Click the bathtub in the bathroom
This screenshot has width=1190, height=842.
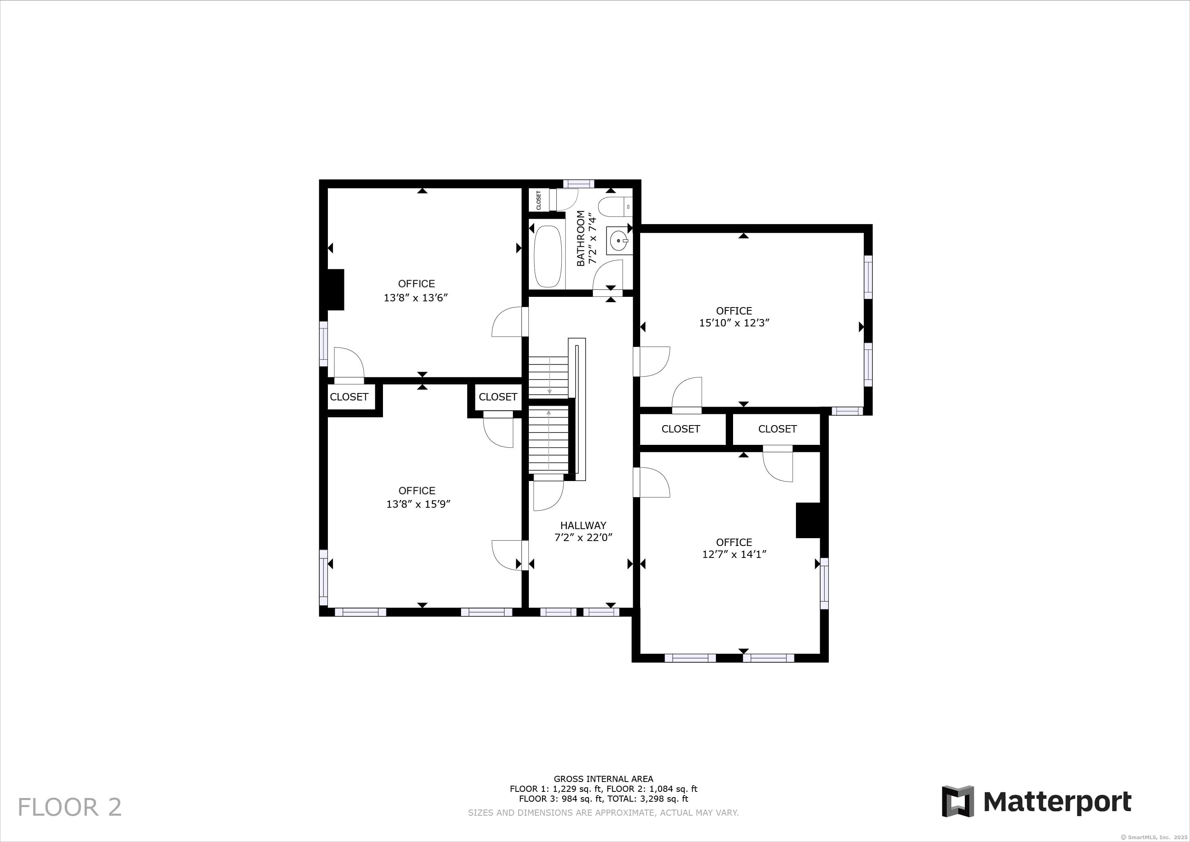pos(548,256)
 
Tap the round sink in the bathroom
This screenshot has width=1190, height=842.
pos(619,241)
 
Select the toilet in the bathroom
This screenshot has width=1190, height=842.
pos(615,206)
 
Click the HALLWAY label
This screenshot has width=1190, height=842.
pos(583,525)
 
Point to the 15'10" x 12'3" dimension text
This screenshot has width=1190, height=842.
pos(734,322)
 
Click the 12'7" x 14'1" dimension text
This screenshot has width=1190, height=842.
pos(734,554)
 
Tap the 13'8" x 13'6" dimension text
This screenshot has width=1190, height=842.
pos(416,298)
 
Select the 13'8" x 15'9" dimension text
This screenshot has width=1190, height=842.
pos(418,504)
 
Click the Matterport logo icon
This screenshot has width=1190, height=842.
pos(958,802)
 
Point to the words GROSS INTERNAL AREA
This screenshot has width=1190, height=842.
pos(603,778)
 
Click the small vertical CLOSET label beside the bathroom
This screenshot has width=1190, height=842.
pos(539,200)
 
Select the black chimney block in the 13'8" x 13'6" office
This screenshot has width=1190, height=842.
pos(335,290)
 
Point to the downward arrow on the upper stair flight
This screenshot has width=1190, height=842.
pos(550,375)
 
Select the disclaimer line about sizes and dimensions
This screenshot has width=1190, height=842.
pos(603,812)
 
